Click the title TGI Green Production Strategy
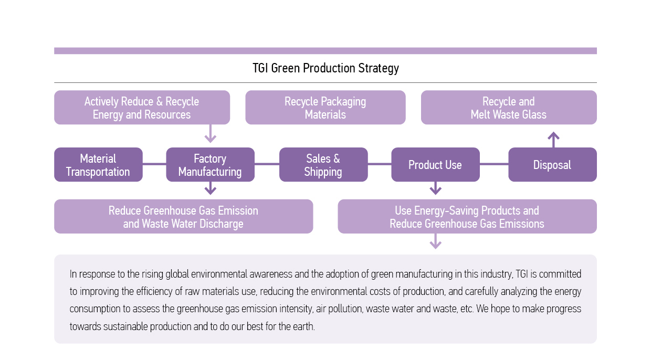pyautogui.click(x=325, y=68)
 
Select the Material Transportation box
pyautogui.click(x=98, y=164)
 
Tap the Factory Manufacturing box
pyautogui.click(x=210, y=164)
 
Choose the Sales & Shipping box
pyautogui.click(x=323, y=164)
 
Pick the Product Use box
pyautogui.click(x=435, y=164)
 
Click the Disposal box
pyautogui.click(x=552, y=164)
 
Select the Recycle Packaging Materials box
pyautogui.click(x=325, y=107)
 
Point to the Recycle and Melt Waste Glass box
pyautogui.click(x=509, y=107)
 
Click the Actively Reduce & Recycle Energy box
pyautogui.click(x=142, y=107)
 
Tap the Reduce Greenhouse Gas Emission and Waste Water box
pyautogui.click(x=183, y=216)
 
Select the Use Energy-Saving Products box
pyautogui.click(x=467, y=216)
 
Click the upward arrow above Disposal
pyautogui.click(x=554, y=140)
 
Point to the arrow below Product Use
pyautogui.click(x=435, y=188)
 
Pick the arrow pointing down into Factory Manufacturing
pyautogui.click(x=210, y=134)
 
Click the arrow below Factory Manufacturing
pyautogui.click(x=210, y=188)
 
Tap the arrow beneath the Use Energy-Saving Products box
pyautogui.click(x=435, y=241)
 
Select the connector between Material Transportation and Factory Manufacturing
pyautogui.click(x=154, y=164)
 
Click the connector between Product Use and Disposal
pyautogui.click(x=494, y=164)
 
